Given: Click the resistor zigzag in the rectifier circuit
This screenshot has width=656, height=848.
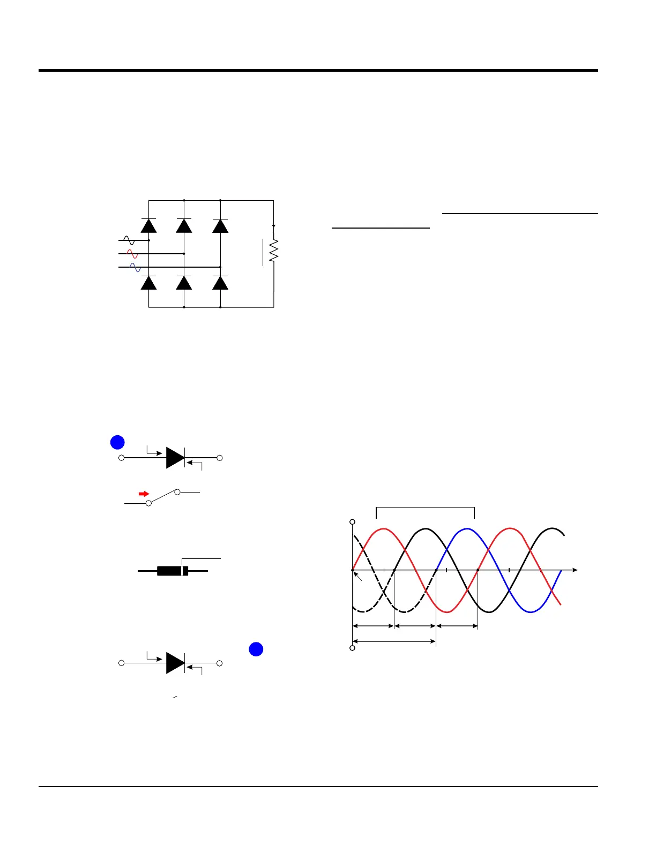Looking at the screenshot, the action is click(x=274, y=251).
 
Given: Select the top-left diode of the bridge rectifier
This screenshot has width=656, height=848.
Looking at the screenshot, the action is click(x=148, y=226).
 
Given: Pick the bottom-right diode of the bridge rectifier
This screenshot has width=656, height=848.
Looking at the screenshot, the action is click(x=220, y=283).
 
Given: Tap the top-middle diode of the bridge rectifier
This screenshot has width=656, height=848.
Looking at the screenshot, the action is click(x=184, y=226).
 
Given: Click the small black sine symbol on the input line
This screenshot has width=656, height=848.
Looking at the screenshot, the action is click(x=129, y=240).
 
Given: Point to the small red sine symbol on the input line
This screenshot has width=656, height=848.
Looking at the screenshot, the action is click(x=132, y=254).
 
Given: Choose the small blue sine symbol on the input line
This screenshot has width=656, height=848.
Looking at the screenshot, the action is click(x=135, y=267).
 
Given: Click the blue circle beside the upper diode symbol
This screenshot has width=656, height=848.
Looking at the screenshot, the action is click(x=117, y=442).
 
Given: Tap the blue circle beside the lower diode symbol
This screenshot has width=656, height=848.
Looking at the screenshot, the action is click(x=256, y=649).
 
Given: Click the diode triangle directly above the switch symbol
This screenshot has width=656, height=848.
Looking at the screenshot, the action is click(x=175, y=458).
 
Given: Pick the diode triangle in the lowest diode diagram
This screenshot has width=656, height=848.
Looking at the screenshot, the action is click(x=175, y=663).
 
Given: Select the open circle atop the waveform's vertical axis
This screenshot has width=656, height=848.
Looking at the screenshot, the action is click(x=352, y=521).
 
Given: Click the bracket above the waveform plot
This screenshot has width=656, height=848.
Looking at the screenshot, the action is click(x=426, y=508).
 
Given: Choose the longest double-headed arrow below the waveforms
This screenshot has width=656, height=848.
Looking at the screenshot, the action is click(x=394, y=641).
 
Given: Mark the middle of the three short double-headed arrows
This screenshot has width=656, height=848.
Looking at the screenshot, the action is click(x=415, y=626).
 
